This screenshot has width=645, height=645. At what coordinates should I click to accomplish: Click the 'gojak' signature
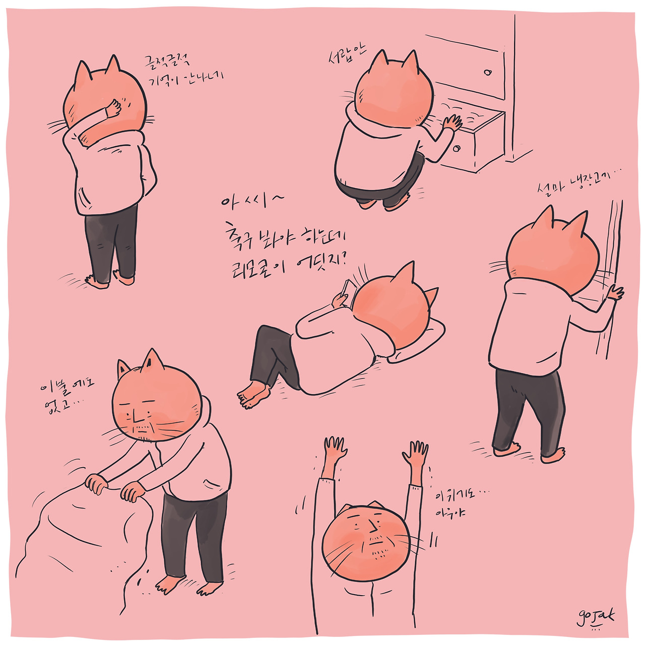coord(596,617)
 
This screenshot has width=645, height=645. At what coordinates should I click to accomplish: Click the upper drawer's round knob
coord(487,72)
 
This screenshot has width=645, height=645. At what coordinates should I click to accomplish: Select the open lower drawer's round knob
coord(457,148)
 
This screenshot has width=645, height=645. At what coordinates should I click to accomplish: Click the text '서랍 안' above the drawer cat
coord(347,54)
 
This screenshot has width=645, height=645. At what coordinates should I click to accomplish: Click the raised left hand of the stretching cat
coord(335,447)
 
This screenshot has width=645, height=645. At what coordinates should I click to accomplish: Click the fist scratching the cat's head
coord(113,108)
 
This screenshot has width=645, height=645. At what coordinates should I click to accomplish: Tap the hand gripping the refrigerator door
coord(615,292)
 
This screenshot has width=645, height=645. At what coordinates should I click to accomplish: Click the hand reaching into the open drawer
coord(452,123)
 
